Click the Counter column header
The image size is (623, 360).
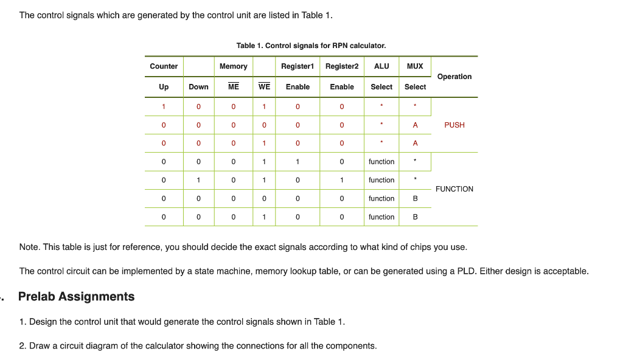[164, 66]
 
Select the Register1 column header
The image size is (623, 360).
[297, 66]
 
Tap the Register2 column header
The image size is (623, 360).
[342, 66]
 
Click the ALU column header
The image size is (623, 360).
[381, 66]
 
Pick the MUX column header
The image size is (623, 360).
[415, 66]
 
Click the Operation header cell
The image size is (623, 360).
[454, 77]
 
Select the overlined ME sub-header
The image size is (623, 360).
[234, 87]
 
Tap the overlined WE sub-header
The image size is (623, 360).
[264, 87]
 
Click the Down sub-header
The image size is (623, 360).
[198, 87]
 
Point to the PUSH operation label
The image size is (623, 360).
[454, 125]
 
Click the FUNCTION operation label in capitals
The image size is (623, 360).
[454, 189]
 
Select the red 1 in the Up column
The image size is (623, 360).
[164, 107]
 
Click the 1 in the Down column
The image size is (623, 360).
[198, 180]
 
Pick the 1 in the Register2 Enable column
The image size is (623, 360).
[342, 180]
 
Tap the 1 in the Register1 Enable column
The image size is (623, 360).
[298, 162]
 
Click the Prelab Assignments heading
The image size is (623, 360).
[76, 297]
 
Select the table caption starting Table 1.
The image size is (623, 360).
[311, 46]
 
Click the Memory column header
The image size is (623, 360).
[234, 66]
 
